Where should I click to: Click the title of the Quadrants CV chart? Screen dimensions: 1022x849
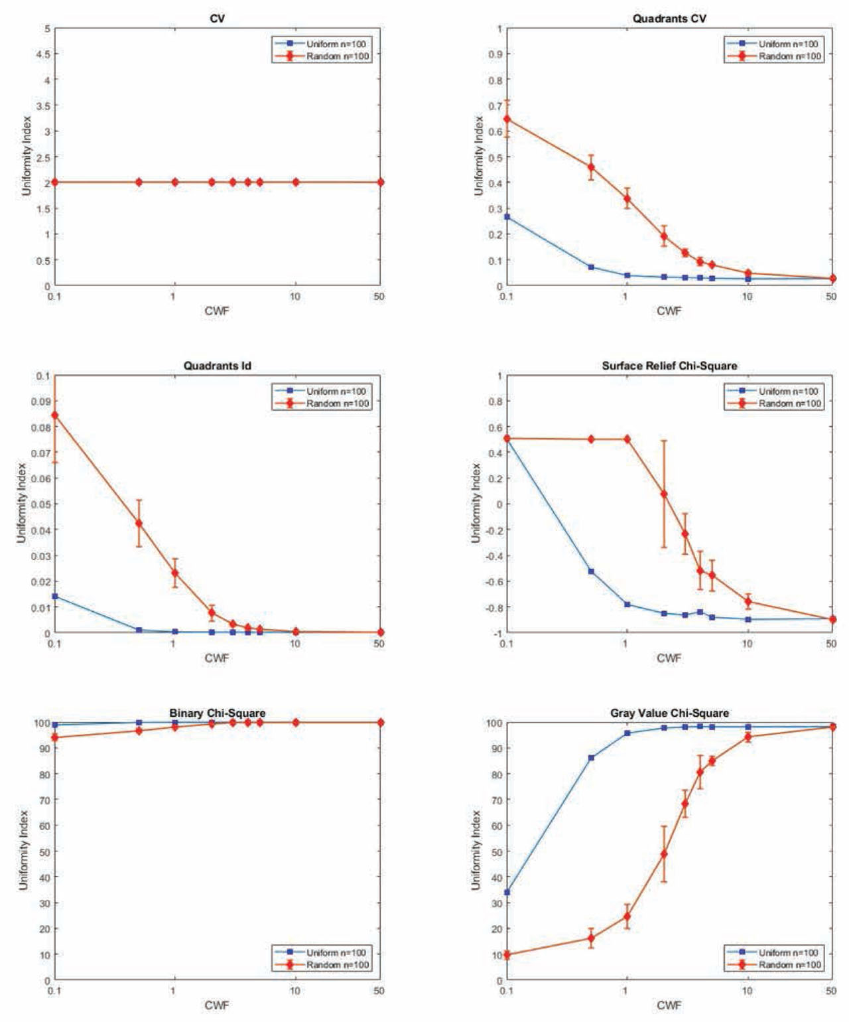point(669,19)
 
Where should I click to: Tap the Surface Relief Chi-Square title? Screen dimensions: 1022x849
point(669,366)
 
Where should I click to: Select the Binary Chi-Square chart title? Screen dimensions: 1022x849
point(217,713)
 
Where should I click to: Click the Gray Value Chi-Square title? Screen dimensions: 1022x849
point(669,713)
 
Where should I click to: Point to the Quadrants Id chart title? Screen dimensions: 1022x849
point(217,366)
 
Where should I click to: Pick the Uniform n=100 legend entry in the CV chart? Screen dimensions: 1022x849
point(336,44)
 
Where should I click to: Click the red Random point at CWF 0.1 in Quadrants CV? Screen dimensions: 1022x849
point(507,119)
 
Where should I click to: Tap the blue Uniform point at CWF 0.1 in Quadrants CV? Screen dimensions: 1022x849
point(507,217)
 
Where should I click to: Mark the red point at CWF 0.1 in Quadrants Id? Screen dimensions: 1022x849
point(55,415)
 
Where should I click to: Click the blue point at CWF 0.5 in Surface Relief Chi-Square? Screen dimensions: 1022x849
point(591,571)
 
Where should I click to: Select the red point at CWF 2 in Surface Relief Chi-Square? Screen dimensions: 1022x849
point(663,494)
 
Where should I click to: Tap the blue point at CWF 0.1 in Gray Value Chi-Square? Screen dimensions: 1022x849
point(507,892)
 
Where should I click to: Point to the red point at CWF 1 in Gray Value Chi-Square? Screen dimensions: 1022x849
point(627,916)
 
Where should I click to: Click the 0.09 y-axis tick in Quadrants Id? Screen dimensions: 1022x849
point(41,402)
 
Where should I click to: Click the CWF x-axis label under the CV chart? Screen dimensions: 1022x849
point(217,311)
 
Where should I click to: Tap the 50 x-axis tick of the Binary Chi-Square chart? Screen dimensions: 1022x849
point(379,991)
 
